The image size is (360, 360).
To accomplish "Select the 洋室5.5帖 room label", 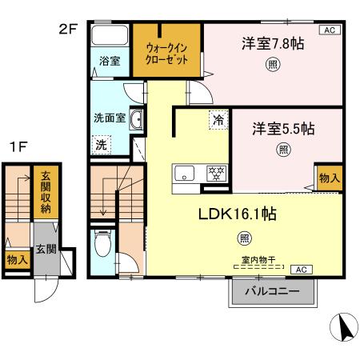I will pyautogui.click(x=284, y=128).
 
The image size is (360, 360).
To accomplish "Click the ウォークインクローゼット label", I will pyautogui.click(x=166, y=54).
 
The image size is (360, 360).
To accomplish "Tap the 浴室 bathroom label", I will pyautogui.click(x=109, y=59).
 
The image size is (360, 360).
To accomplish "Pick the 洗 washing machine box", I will pyautogui.click(x=102, y=145).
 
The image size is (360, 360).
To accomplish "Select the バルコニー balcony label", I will pyautogui.click(x=271, y=293).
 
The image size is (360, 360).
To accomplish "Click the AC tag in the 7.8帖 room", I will pyautogui.click(x=327, y=30).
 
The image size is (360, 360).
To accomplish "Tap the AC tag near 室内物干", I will pyautogui.click(x=302, y=270).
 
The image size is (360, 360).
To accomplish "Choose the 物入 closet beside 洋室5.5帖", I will pyautogui.click(x=329, y=178).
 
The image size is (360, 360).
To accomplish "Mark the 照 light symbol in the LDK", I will pyautogui.click(x=243, y=238).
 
